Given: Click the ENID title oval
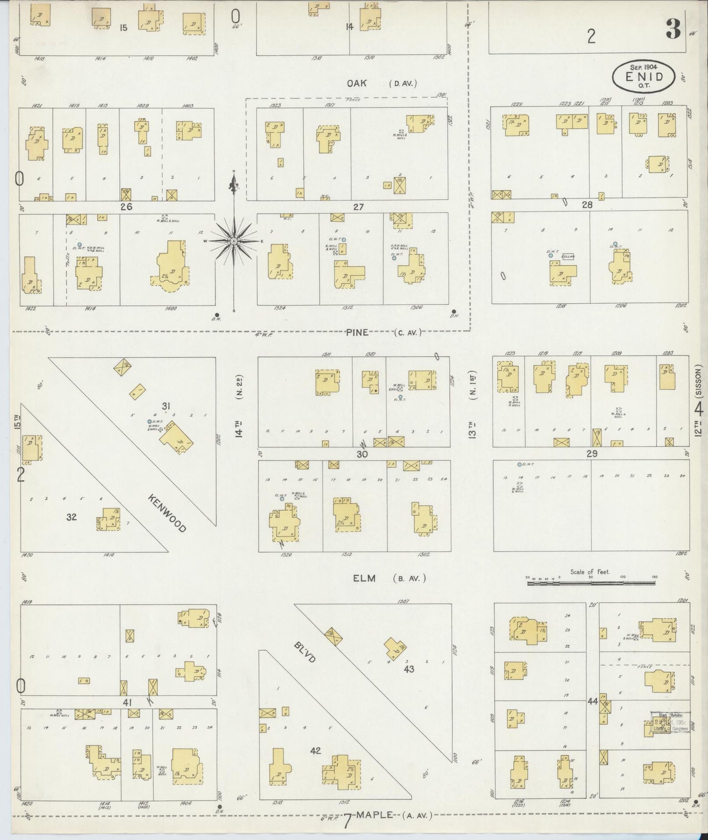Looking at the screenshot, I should pos(643,77).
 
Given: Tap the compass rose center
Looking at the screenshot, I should pos(234,241).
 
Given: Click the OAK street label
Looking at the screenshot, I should pos(357,83).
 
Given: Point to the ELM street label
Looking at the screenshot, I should pos(364,578).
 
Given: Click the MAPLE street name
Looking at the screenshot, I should pos(375,815).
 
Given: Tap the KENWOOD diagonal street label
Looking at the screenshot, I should pos(167,513).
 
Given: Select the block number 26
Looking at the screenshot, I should pos(126,207).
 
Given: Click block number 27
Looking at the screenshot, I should pos(358,207).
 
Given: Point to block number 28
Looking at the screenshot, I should pos(587,205).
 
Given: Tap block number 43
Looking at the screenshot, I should pos(409,668).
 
